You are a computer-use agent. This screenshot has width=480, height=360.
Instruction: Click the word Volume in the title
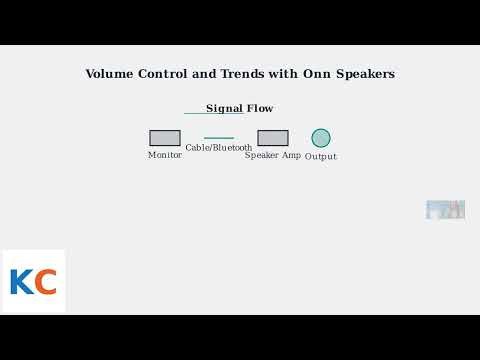pos(110,74)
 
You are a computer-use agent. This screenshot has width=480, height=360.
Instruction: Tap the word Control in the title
pos(166,74)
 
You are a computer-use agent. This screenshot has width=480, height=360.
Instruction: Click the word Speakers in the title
pos(365,74)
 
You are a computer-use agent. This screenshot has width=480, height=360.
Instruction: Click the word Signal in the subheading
pos(224,108)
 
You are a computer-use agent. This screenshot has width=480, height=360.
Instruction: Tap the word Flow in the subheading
pos(260,108)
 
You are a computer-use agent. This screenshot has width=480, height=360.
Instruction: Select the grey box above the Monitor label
pos(165,138)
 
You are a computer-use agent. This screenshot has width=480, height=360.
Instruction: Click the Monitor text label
pos(165,155)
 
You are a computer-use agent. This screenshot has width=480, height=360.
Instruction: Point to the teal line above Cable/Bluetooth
pos(219,138)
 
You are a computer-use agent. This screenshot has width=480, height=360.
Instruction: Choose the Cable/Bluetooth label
pos(219,147)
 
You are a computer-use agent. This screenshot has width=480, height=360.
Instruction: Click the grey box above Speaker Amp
pos(273,138)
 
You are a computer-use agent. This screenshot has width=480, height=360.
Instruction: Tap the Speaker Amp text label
pos(273,155)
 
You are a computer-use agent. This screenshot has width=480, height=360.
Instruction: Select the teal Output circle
pos(321,138)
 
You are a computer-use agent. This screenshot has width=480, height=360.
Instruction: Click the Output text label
pos(321,156)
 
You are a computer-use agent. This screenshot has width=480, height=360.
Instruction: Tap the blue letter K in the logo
pos(21,282)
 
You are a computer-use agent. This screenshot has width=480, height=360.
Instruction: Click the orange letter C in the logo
pos(45,282)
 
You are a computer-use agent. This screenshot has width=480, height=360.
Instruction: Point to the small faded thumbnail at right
pos(445,210)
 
